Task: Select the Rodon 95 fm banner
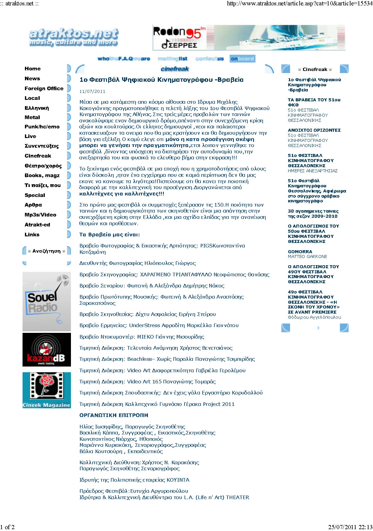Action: point(249,37)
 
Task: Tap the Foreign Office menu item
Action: point(44,88)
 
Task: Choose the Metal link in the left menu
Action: point(32,117)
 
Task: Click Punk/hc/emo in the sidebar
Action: point(42,127)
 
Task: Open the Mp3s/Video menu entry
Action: point(40,215)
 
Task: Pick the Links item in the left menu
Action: point(32,235)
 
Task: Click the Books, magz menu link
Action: point(42,175)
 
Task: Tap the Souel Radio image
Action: point(47,301)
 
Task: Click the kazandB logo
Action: point(47,350)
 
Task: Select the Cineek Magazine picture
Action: point(47,390)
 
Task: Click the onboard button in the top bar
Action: point(242,59)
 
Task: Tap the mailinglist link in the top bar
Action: point(173,59)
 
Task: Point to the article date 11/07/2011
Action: point(92,91)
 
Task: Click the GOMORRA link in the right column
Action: point(300,252)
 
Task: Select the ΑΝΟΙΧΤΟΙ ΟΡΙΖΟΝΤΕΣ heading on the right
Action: point(314,130)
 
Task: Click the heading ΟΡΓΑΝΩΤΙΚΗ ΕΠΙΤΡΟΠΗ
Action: point(114,415)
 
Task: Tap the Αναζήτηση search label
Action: point(46,251)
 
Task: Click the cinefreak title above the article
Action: point(175,69)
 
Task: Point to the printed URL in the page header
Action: point(299,4)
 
